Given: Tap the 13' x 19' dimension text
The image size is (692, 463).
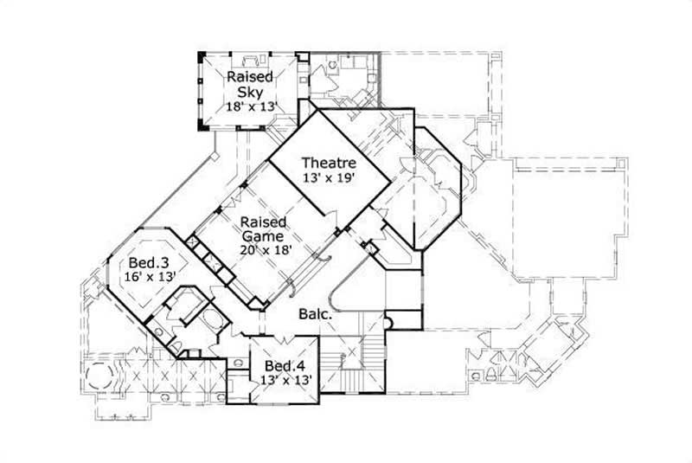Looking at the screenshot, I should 329,177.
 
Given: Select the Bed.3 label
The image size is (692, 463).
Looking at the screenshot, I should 143,261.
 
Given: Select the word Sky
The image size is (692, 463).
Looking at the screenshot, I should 251,91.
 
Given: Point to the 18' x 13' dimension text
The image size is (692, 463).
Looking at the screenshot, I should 251,106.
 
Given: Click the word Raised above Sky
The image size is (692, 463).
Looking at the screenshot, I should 251,77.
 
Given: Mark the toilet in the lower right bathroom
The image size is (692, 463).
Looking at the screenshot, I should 490,375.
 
